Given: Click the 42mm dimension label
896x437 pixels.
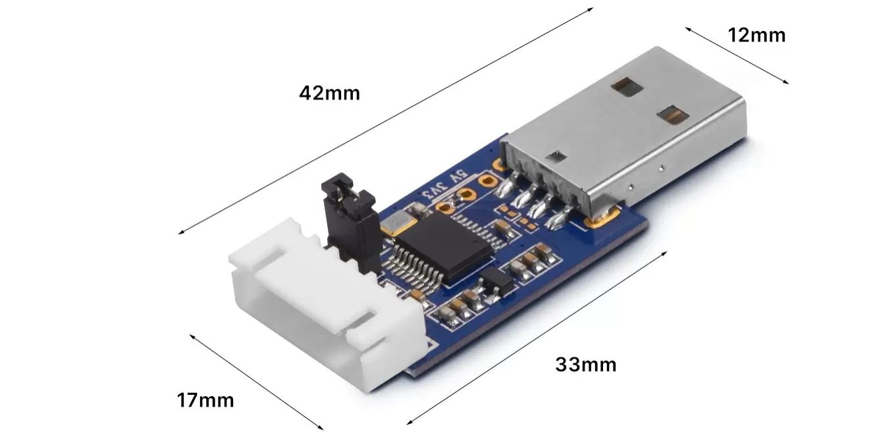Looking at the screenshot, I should pyautogui.click(x=329, y=93).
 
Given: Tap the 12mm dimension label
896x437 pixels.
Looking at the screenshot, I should pyautogui.click(x=756, y=35).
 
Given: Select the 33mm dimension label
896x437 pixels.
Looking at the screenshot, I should pyautogui.click(x=586, y=364).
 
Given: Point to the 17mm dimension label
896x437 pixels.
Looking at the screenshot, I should pyautogui.click(x=205, y=399).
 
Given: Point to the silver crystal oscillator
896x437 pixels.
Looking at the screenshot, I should pyautogui.click(x=398, y=223).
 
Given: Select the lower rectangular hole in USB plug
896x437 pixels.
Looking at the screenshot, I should pyautogui.click(x=672, y=116).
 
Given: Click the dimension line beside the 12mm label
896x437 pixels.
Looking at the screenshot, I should pyautogui.click(x=737, y=55).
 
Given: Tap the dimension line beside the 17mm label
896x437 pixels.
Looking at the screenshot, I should pyautogui.click(x=257, y=382).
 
